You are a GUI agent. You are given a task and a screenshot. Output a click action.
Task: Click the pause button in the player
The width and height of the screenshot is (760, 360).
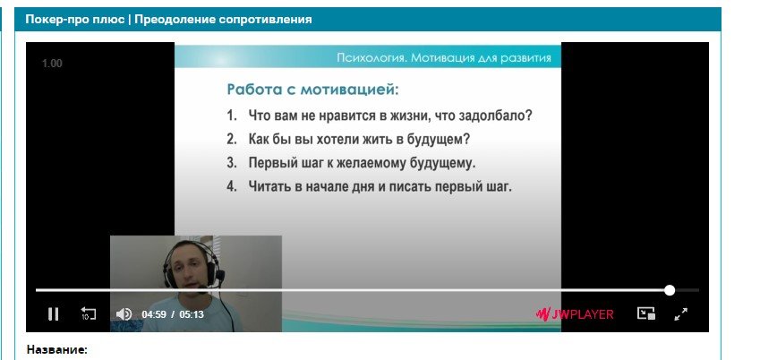pos(54,314)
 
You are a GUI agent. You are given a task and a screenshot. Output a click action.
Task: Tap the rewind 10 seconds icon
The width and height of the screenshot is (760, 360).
pos(88,313)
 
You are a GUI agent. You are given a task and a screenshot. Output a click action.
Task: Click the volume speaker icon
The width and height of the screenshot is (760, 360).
pos(124,314)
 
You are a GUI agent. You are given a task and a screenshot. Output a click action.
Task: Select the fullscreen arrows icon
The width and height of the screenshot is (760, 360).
pos(681,314)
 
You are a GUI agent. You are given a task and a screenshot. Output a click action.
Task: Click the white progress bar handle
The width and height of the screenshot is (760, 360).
pos(670,290)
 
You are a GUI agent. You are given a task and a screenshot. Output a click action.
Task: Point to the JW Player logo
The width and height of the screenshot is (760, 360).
pos(575,314)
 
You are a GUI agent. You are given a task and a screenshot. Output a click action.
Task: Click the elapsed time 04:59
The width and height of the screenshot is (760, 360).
pos(154,314)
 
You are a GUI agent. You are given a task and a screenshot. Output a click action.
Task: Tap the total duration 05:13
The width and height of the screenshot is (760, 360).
pos(192,314)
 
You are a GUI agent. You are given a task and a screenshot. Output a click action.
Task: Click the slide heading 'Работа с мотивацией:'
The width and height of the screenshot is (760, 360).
pos(313,90)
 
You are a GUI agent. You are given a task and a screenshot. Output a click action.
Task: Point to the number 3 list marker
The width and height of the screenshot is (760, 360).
pos(232,162)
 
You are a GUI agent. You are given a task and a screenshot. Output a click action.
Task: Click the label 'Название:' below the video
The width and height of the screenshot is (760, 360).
pos(56,350)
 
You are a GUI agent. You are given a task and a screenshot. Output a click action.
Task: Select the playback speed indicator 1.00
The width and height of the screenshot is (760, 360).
pos(52,64)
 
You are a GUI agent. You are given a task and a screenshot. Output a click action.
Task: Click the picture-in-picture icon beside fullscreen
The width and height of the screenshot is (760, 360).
pos(646,313)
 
